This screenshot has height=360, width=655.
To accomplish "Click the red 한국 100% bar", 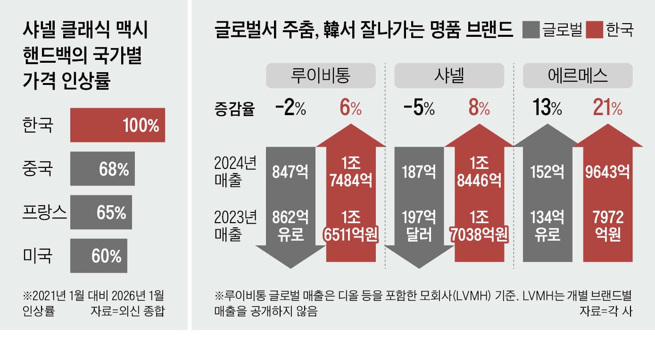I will click(117, 125).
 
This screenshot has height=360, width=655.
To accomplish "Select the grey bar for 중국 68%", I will click(102, 169).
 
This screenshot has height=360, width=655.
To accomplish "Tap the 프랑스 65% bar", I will click(101, 212).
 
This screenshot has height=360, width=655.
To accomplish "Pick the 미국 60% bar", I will click(99, 256).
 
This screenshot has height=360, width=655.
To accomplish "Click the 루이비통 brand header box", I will click(321, 76).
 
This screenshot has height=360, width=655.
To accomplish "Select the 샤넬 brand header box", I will click(449, 76).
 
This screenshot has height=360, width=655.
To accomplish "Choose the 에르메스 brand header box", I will click(577, 76).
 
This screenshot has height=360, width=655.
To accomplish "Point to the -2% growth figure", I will click(290, 109).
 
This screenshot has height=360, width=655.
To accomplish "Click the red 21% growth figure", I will click(607, 109).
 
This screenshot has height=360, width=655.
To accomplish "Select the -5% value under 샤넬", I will click(419, 109).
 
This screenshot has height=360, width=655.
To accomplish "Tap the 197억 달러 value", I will click(419, 225).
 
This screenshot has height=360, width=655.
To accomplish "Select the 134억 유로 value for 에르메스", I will click(547, 225).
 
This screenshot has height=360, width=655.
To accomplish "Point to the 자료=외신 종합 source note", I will click(127, 311).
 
